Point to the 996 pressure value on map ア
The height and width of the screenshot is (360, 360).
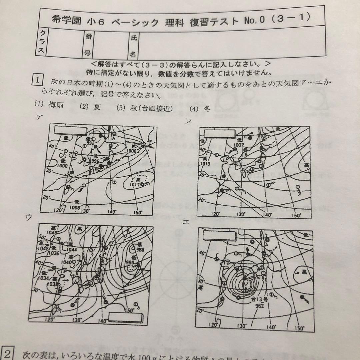pyautogui.click(x=96, y=161)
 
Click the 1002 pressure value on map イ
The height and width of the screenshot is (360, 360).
pyautogui.click(x=239, y=145)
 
